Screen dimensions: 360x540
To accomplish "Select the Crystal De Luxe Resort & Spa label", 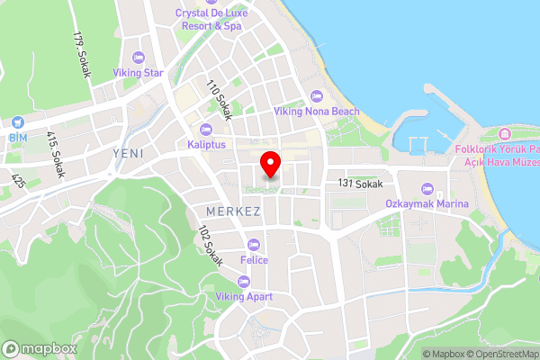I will tap(209, 20).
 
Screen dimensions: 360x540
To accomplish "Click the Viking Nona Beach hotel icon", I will tap(316, 96).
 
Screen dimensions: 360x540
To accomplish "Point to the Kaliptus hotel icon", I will tap(207, 129).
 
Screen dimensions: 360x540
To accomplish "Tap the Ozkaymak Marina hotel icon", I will tap(427, 189).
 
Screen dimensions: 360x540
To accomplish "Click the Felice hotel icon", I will tap(254, 244).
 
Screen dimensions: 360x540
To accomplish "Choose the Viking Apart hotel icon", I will tap(243, 279).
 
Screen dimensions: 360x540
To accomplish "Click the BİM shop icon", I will tap(18, 122).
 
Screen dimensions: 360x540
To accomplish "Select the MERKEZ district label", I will tap(233, 211).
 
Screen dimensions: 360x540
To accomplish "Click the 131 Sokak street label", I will tap(362, 184).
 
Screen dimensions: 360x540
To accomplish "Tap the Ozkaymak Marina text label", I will tap(427, 204).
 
